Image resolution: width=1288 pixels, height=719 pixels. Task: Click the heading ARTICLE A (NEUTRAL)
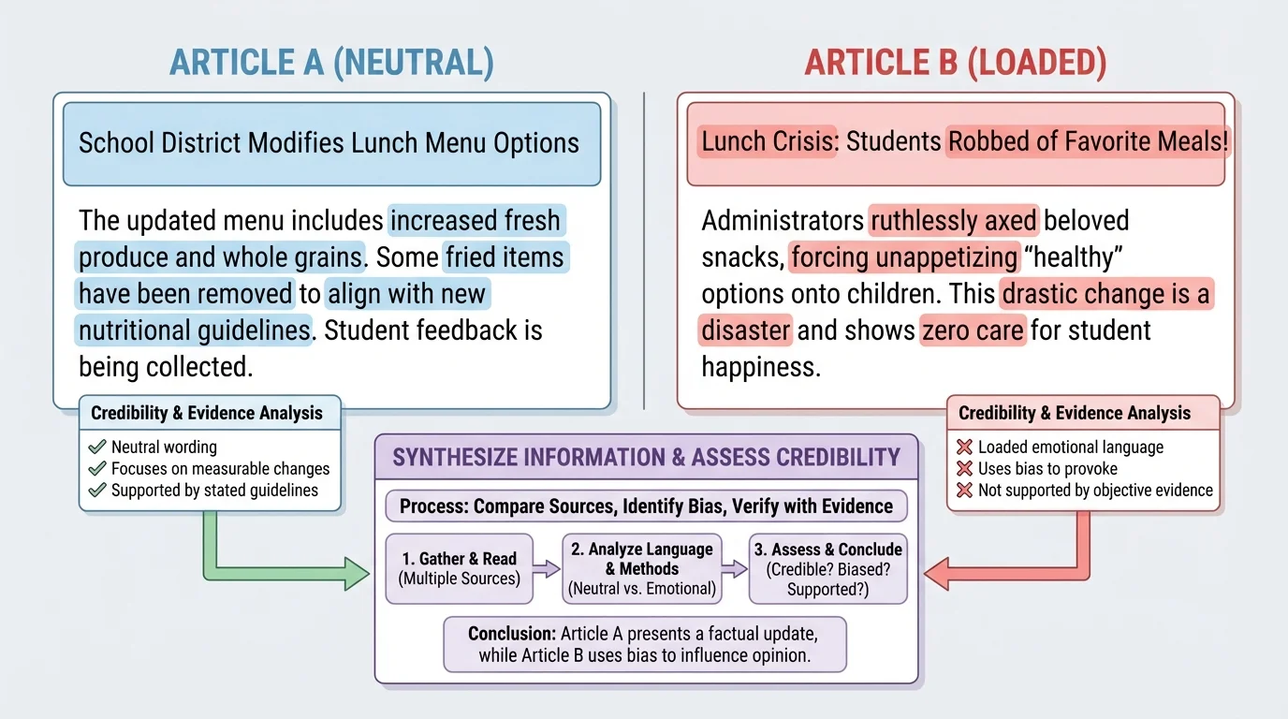pos(330,62)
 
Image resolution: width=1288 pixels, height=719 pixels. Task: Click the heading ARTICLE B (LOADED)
pos(955,62)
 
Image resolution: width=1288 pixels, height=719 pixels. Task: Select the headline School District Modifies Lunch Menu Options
pos(329,143)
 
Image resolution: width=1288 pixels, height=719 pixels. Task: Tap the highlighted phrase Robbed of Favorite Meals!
pos(1086,142)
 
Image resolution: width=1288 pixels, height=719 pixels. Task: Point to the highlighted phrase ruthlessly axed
pos(953,221)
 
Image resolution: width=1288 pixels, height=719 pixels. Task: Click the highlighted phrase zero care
pos(973,330)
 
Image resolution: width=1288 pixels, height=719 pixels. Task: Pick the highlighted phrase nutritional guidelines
pos(194,330)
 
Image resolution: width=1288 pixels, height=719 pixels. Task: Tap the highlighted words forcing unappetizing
pos(903,257)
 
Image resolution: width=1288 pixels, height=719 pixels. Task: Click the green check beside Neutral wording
pos(96,447)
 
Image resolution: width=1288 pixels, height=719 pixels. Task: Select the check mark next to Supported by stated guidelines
pos(96,490)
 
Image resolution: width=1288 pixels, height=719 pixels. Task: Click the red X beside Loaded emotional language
pos(964,448)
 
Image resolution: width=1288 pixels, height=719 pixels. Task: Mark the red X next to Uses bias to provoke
pos(964,469)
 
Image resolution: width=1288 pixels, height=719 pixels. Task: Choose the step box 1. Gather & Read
pos(459,567)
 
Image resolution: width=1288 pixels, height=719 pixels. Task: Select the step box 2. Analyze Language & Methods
pos(641,567)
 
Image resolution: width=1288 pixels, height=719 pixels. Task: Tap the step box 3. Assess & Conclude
pos(827,567)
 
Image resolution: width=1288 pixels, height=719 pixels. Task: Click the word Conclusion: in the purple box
pos(511,634)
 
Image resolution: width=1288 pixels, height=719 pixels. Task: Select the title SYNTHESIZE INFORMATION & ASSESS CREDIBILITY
pos(646,457)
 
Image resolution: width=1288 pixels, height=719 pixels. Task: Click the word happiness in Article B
pos(760,367)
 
